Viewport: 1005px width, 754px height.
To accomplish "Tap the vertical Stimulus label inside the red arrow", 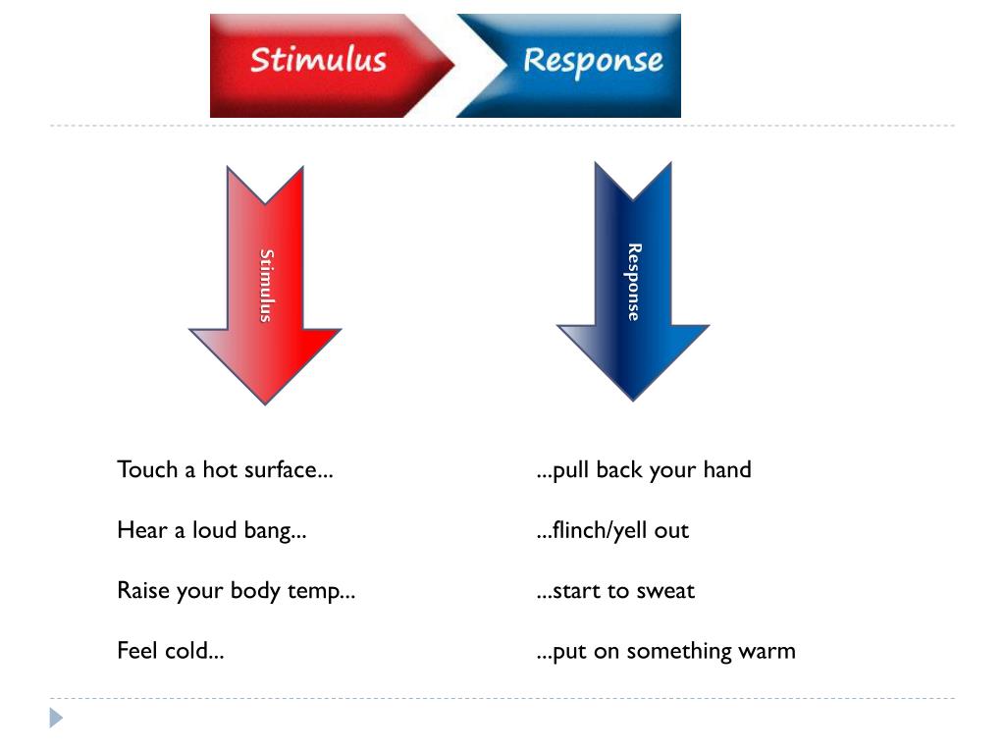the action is point(266,285).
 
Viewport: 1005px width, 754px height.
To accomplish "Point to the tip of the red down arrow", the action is point(265,402).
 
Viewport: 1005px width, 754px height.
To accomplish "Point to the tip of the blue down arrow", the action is point(633,398).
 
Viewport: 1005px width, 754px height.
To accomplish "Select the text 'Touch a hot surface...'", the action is point(225,469).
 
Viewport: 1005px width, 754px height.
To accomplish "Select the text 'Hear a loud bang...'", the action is point(211,530).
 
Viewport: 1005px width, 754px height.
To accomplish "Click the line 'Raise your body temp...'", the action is point(236,591).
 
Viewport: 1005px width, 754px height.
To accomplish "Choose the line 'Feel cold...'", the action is point(170,651).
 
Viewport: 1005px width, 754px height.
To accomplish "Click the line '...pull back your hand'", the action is point(644,469).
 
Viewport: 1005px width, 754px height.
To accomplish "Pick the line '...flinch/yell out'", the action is point(613,530).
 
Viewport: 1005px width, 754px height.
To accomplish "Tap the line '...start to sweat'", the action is point(615,591).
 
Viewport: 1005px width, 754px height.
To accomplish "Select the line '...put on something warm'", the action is point(665,651).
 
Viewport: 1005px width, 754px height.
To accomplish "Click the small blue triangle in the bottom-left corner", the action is point(56,718).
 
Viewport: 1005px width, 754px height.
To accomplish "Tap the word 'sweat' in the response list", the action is point(665,591).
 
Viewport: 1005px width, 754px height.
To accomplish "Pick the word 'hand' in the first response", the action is point(727,469).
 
